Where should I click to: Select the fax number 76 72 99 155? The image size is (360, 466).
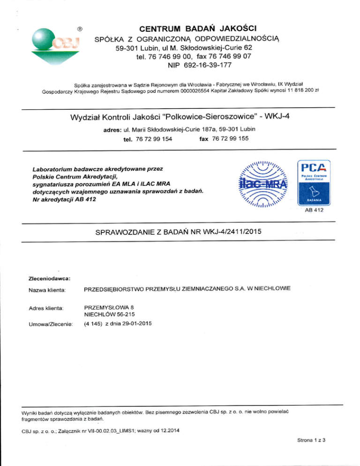[231, 139]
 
